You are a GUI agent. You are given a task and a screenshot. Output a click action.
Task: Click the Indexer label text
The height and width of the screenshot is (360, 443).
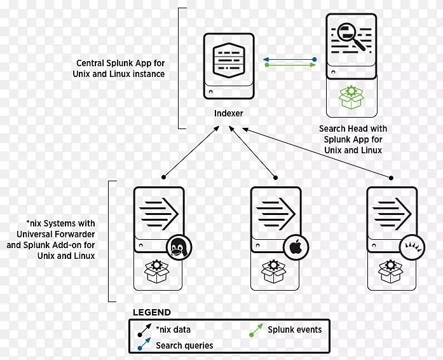pyautogui.click(x=228, y=114)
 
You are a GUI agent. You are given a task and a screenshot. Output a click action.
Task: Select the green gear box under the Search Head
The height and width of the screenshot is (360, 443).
pyautogui.click(x=350, y=97)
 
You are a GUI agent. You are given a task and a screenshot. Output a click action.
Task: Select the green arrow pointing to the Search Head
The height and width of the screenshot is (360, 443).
pyautogui.click(x=289, y=65)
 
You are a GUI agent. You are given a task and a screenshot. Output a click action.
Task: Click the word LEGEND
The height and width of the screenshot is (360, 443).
pyautogui.click(x=151, y=312)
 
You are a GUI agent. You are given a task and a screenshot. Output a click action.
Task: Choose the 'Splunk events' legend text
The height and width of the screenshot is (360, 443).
pyautogui.click(x=295, y=329)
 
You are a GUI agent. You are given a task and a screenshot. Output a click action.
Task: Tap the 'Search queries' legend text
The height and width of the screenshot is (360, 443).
pyautogui.click(x=184, y=345)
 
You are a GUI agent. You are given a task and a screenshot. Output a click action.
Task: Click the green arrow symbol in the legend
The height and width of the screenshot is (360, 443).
pyautogui.click(x=257, y=330)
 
